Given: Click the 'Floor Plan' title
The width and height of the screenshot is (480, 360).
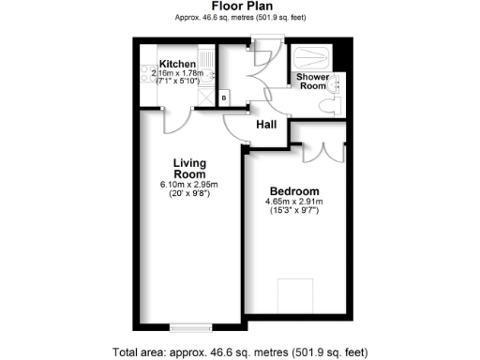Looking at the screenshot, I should (239, 7).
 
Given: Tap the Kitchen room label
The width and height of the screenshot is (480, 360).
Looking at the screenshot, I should (177, 64).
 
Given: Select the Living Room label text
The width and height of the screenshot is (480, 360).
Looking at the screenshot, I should (188, 168).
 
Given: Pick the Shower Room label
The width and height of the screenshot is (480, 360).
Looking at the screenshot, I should (311, 81).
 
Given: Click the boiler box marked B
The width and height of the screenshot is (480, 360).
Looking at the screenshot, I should (223, 97).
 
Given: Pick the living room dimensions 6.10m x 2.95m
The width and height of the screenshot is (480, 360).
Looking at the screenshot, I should (188, 185).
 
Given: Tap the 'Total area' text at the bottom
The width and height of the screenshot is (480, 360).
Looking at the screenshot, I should (239, 352).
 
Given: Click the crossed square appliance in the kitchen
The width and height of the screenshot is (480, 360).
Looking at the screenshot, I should (151, 96).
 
